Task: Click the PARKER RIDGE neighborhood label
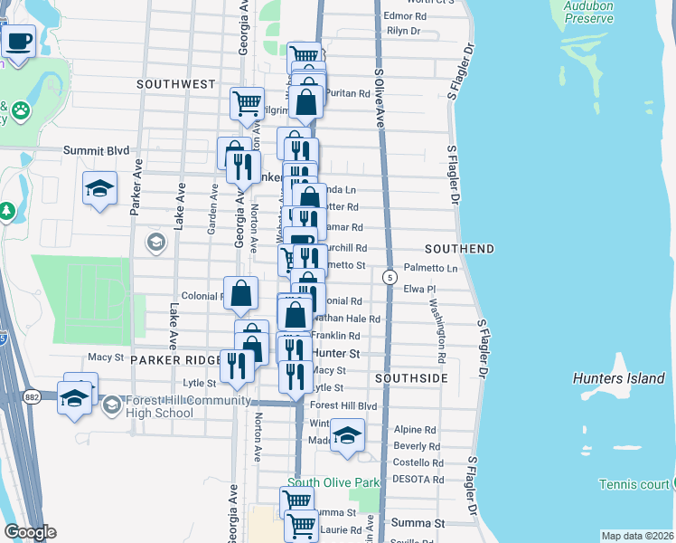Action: [175, 359]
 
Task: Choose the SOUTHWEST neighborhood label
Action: [176, 84]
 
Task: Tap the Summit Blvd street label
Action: [96, 151]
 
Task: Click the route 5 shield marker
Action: [390, 276]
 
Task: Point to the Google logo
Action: [29, 532]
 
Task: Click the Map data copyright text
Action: [636, 536]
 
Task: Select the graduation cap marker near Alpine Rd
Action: [347, 436]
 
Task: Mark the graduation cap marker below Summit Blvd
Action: [100, 187]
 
